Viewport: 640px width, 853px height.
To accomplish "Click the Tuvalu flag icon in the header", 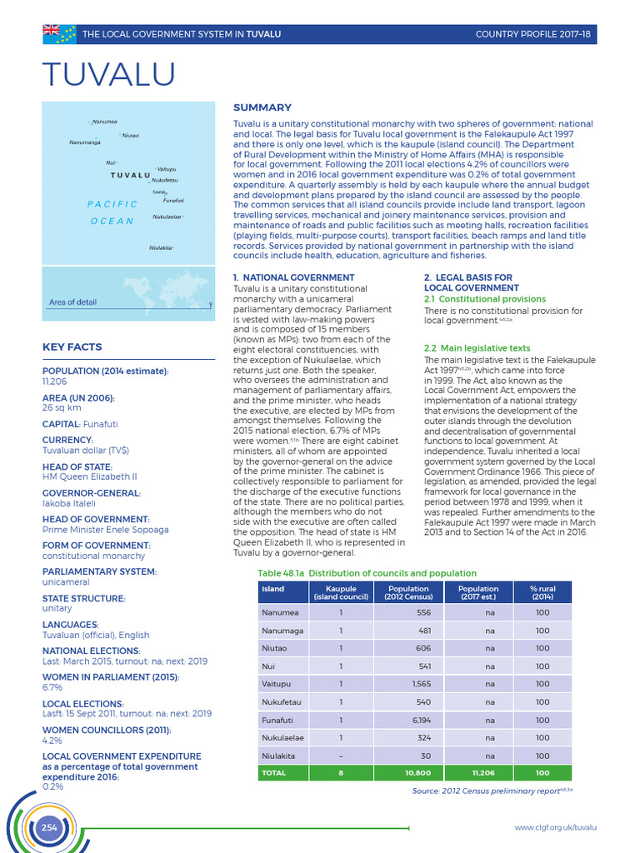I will (x=59, y=33).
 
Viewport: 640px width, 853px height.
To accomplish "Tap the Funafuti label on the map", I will (x=173, y=200).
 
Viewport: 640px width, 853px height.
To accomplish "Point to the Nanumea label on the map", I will (x=105, y=122).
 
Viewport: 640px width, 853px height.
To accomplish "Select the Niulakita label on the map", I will (x=161, y=247).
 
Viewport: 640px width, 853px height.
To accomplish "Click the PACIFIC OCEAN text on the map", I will (x=112, y=212).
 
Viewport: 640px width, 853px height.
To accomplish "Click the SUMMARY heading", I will (x=262, y=107).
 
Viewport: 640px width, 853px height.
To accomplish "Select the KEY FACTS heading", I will (x=72, y=347).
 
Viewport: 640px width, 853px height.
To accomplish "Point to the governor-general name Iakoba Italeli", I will (x=69, y=503).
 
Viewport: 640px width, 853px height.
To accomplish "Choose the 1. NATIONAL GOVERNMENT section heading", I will (x=293, y=277).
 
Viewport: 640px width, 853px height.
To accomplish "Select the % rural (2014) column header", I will (x=542, y=592).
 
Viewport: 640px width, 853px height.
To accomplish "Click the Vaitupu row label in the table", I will (x=276, y=684).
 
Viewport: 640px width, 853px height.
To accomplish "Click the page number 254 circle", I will (x=49, y=826).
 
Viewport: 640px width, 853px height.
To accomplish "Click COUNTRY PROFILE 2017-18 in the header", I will (x=532, y=34).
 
